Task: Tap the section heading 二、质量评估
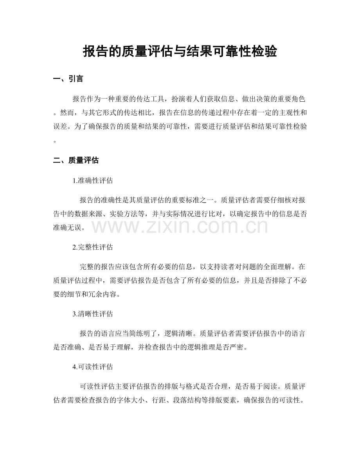tap(76, 160)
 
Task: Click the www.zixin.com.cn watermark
tap(180, 227)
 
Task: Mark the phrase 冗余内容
tap(103, 294)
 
